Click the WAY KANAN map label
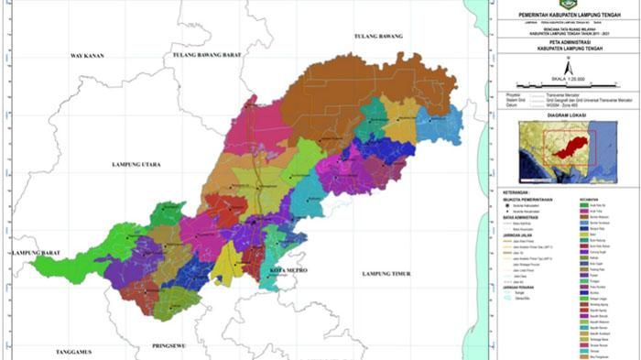tap(88, 57)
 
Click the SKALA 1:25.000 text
tap(567, 80)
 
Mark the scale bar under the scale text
tap(567, 86)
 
